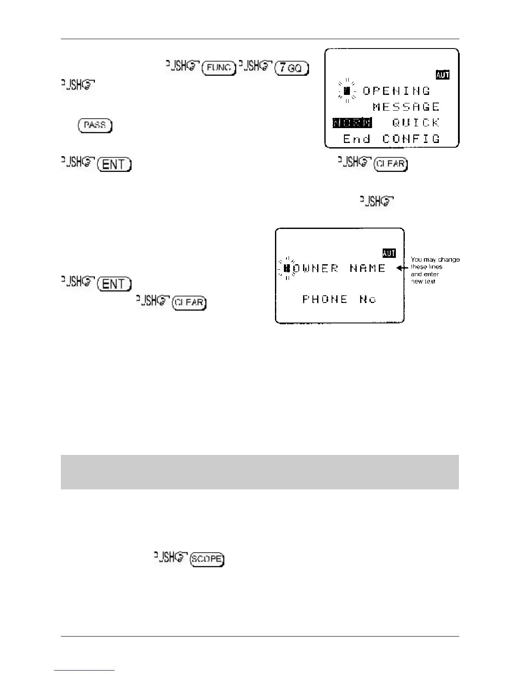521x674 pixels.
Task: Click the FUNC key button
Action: [x=219, y=68]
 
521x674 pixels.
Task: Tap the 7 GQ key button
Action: [x=292, y=68]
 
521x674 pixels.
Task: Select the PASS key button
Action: [x=95, y=126]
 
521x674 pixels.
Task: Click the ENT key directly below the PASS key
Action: [x=114, y=165]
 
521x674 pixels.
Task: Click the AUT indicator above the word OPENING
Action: [x=443, y=75]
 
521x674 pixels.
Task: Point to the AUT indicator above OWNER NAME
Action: [x=389, y=253]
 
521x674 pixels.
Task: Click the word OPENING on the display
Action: [x=397, y=91]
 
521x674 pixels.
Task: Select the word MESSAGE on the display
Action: [x=406, y=106]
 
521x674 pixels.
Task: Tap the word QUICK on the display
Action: [x=416, y=123]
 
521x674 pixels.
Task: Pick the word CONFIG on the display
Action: [x=411, y=139]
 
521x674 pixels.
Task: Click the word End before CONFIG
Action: [x=357, y=139]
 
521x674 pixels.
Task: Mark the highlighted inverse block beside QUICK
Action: [x=352, y=123]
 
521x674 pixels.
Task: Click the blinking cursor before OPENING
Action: [x=347, y=91]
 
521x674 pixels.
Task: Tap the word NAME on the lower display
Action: [x=368, y=268]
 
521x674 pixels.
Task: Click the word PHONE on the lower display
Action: [x=325, y=299]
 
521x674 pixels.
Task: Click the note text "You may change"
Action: [x=435, y=260]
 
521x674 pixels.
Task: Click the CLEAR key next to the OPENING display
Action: [x=390, y=165]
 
